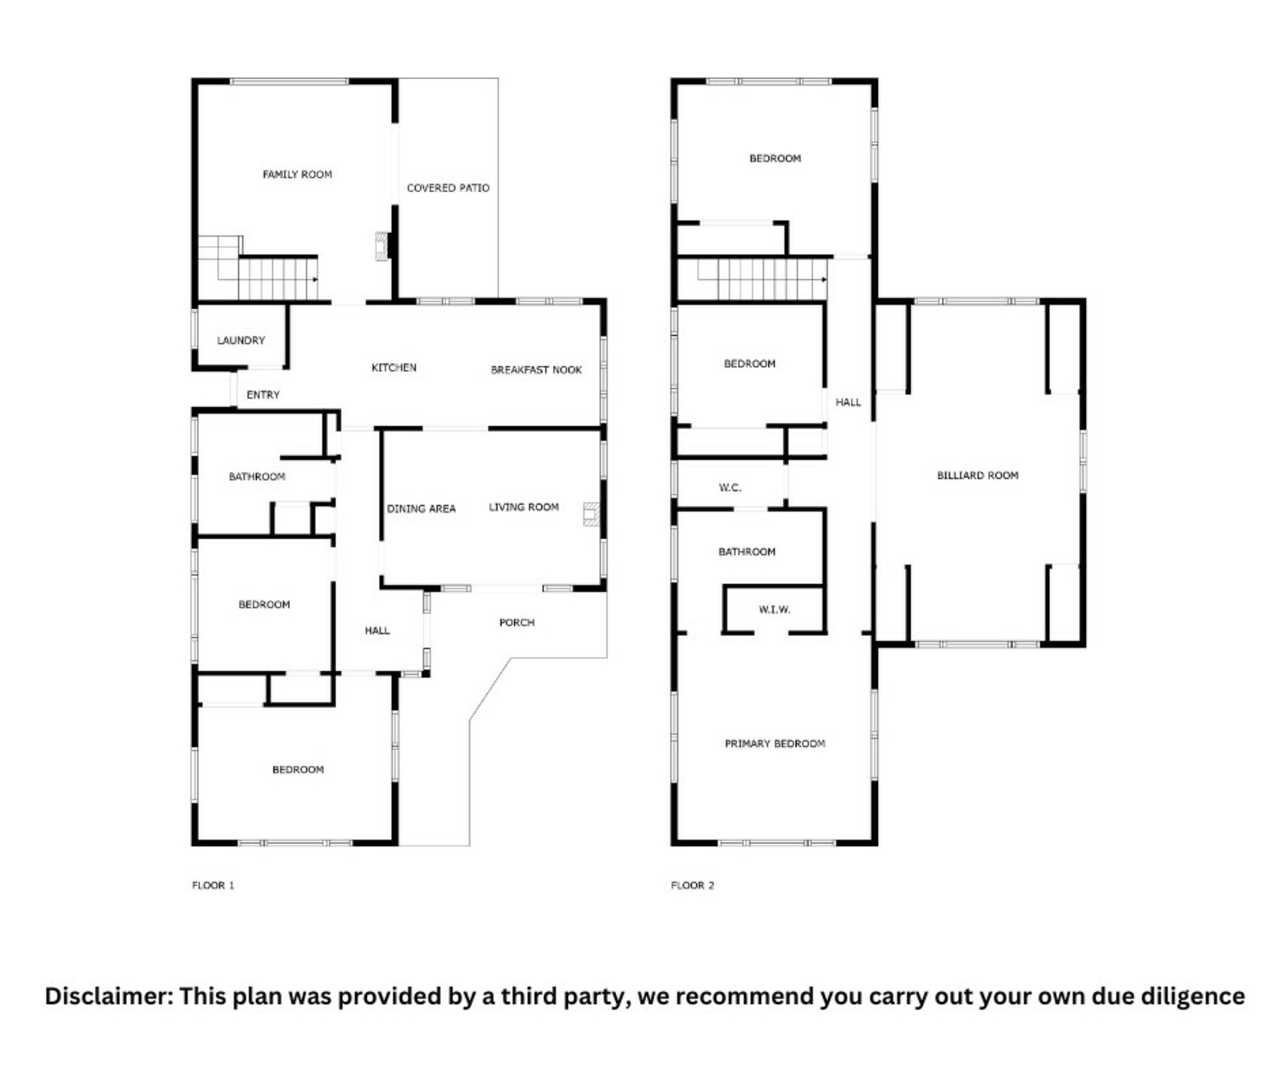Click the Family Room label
coord(297,174)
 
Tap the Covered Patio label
coord(448,188)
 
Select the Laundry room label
coord(241,340)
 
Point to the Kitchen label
coord(394,367)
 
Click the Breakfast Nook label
coord(536,369)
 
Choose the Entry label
coord(263,395)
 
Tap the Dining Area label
coord(421,509)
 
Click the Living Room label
coord(524,507)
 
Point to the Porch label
coord(517,622)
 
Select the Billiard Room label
coord(977,475)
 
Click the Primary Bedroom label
coord(775,744)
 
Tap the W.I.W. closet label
coord(774,609)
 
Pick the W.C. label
coord(730,487)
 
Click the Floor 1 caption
coord(213,885)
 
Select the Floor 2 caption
coord(692,885)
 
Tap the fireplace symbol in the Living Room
coord(591,515)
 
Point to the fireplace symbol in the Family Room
coord(382,246)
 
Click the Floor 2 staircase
coord(762,279)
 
